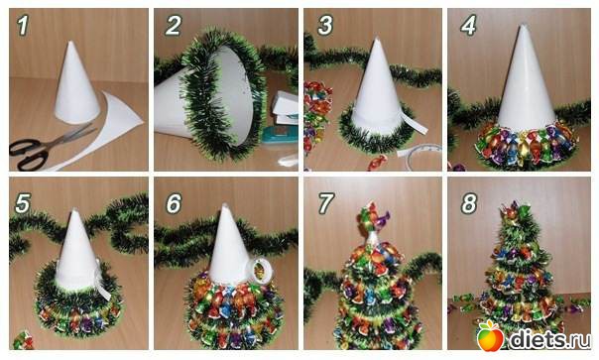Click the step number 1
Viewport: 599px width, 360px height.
(23, 26)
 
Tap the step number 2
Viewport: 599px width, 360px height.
(173, 26)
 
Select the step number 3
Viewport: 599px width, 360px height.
(325, 26)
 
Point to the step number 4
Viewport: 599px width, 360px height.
(468, 26)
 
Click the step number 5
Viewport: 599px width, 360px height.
(23, 203)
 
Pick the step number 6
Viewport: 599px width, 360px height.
(174, 203)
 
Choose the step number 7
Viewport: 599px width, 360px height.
(325, 203)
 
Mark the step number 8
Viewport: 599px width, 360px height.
(469, 203)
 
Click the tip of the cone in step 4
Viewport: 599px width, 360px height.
(523, 26)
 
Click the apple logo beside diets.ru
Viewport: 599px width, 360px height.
(490, 335)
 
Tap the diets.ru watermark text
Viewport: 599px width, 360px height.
(550, 338)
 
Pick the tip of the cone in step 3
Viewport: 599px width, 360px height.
(377, 39)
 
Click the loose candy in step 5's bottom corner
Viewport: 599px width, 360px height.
(23, 341)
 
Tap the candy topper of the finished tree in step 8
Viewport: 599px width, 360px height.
(515, 212)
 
